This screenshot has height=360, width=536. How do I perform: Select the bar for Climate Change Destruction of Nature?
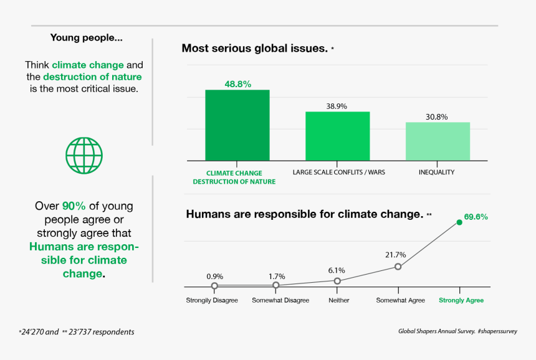coord(237,125)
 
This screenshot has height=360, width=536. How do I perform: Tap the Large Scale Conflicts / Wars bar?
coord(337,136)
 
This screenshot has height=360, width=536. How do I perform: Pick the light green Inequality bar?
coord(438,141)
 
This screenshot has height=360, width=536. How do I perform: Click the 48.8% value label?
coord(237,84)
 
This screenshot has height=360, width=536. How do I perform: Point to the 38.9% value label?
coord(337,106)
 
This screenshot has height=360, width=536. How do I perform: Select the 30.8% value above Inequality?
coord(438,116)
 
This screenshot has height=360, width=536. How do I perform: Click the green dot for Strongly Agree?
coord(459,222)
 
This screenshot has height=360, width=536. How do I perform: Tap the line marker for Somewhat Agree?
coord(398,267)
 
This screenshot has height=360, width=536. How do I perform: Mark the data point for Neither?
coord(337,281)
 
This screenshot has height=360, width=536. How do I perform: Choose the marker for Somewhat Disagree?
coord(276,286)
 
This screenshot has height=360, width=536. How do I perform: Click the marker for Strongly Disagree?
coord(214,286)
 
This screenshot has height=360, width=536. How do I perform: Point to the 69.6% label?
coord(476,217)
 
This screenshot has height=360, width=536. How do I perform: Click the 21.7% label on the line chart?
coord(396,255)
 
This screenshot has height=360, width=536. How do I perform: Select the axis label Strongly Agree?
coord(461,300)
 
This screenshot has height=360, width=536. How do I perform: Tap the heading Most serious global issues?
coord(254,48)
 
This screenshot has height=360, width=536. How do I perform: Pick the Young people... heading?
coord(86,38)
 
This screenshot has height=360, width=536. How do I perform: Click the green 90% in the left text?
coord(74,206)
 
